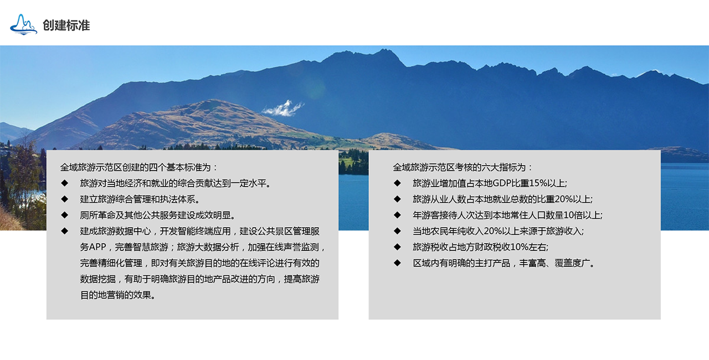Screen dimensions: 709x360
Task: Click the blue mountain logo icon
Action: [23, 24]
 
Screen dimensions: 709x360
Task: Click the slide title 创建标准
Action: [66, 25]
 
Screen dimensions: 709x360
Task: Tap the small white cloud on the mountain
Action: [282, 109]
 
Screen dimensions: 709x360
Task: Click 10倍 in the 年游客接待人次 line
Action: [573, 215]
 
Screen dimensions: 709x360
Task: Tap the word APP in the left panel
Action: [97, 247]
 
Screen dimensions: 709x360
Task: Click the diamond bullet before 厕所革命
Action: [65, 215]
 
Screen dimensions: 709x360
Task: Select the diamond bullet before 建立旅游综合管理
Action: [65, 199]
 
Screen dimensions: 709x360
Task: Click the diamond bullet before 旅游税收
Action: [397, 247]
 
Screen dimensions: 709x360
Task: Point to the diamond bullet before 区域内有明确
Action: [397, 263]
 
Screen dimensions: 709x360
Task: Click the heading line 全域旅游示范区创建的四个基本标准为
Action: [139, 167]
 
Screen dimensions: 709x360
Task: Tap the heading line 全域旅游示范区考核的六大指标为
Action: [463, 167]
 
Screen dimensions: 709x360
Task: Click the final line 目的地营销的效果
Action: [118, 295]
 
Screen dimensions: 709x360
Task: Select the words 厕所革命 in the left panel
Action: [97, 215]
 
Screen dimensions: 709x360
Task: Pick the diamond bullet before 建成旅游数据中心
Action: [65, 231]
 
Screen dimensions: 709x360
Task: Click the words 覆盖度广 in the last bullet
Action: [573, 263]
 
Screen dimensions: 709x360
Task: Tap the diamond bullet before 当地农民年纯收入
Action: [397, 231]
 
